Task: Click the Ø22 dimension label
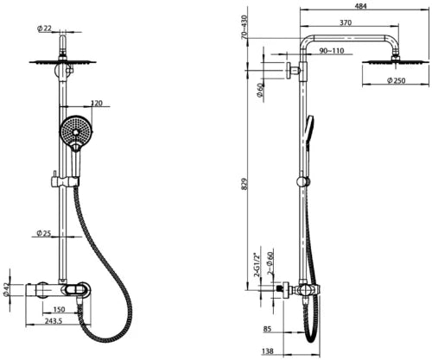click(44, 28)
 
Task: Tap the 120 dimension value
click(97, 103)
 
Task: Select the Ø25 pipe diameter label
click(44, 232)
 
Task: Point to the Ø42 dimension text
click(5, 289)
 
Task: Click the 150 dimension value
click(60, 309)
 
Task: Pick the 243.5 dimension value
click(54, 321)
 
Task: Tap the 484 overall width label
click(360, 6)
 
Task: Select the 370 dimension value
click(346, 22)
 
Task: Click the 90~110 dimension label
click(332, 51)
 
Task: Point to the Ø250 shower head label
click(396, 80)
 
